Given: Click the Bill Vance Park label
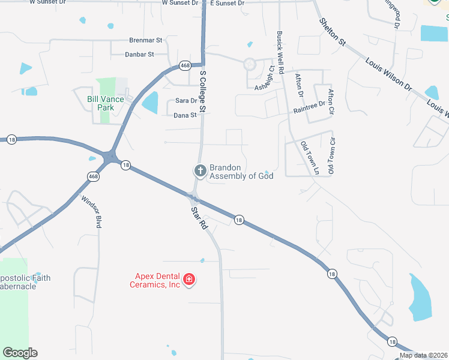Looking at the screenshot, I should click(105, 103).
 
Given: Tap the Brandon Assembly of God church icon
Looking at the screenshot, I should click(200, 172).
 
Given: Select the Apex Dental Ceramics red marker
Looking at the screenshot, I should click(189, 280).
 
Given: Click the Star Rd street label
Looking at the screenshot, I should click(199, 218).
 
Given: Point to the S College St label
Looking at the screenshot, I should click(203, 91).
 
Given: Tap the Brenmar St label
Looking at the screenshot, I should click(146, 40).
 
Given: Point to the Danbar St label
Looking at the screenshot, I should click(139, 54).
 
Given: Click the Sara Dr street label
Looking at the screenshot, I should click(185, 101).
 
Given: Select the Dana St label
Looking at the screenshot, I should click(185, 115).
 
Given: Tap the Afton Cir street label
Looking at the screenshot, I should click(330, 103).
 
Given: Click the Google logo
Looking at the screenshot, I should click(20, 353).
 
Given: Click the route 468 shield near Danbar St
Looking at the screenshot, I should click(184, 65).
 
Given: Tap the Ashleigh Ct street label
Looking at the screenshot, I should click(267, 77).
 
